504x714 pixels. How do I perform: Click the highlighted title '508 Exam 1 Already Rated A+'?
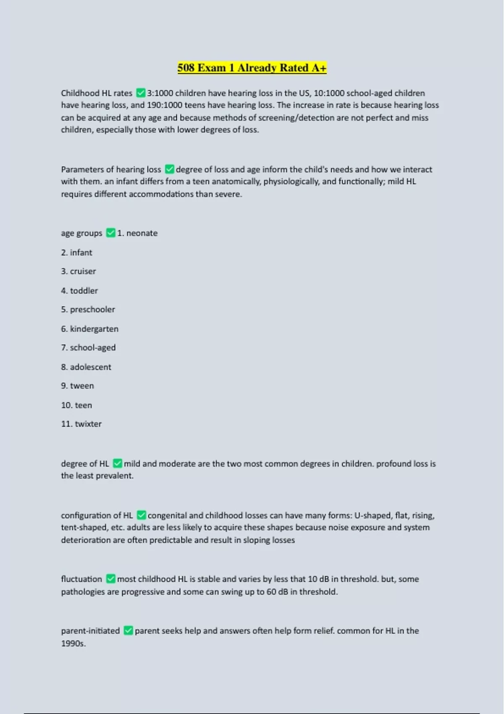tap(252, 68)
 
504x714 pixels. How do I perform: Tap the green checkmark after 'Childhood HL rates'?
tap(141, 93)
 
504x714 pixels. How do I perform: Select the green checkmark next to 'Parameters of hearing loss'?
tap(170, 169)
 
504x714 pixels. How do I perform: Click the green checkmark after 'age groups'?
tap(110, 233)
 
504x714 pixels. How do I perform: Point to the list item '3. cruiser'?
tap(79, 271)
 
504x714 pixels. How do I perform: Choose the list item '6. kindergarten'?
tap(89, 329)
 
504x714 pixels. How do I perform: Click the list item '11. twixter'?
tap(81, 424)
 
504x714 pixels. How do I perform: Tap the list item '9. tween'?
tap(77, 386)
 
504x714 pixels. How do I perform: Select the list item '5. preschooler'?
tap(88, 310)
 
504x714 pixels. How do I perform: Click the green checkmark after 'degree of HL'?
tap(118, 463)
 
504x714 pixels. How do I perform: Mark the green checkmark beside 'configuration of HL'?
tap(142, 515)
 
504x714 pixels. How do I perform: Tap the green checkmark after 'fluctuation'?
tap(110, 579)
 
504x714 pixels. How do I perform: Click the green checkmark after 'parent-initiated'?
tap(128, 630)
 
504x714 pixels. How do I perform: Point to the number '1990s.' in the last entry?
tap(73, 643)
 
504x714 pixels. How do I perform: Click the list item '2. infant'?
tap(76, 252)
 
